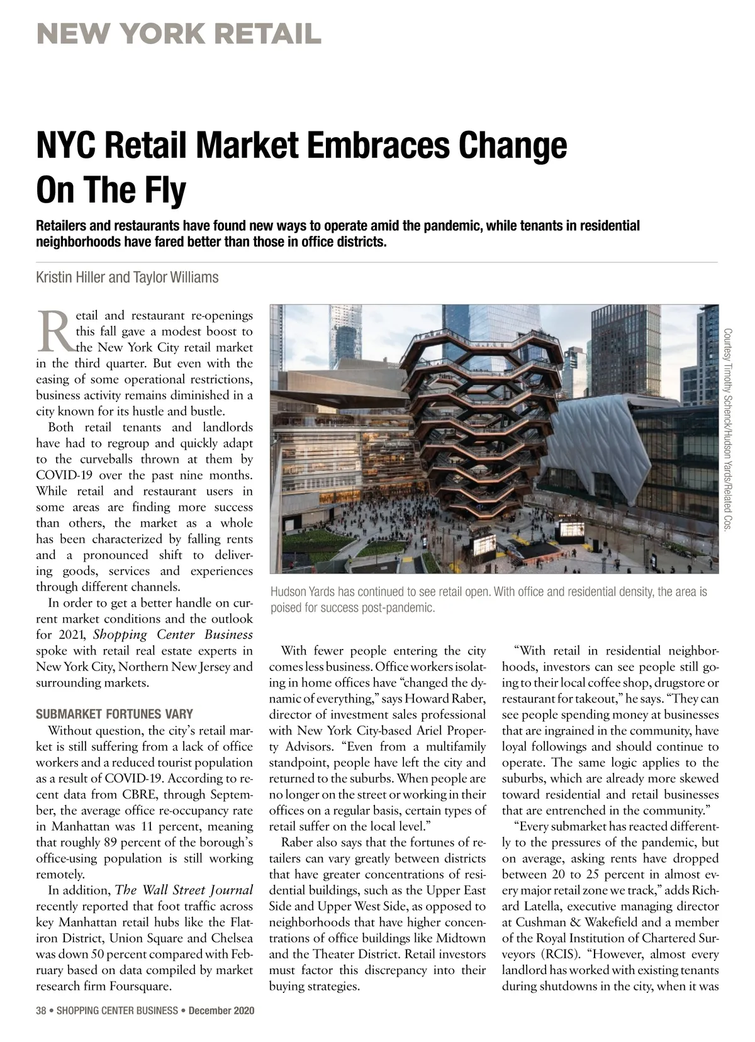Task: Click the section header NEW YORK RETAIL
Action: (179, 34)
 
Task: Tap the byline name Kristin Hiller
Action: (70, 277)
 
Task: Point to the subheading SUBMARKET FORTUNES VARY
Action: (115, 714)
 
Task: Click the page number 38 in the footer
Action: (42, 1011)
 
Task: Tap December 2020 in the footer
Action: (221, 1011)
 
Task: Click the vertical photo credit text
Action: (727, 430)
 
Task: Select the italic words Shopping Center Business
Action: (173, 635)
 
